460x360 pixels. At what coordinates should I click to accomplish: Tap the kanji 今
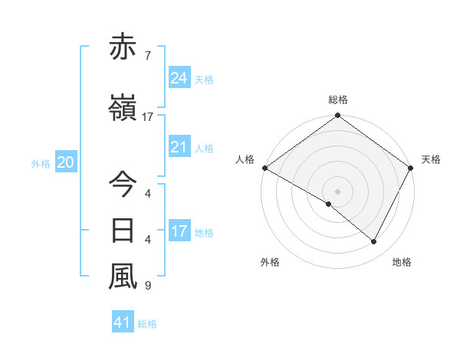click(123, 185)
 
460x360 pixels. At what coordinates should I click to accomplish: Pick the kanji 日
click(123, 231)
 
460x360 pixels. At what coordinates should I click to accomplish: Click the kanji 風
click(123, 277)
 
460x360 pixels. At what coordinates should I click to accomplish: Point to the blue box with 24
click(179, 78)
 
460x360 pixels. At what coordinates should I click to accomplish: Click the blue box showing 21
click(179, 147)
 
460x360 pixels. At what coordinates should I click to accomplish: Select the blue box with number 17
click(179, 231)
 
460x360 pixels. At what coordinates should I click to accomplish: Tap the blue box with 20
click(65, 162)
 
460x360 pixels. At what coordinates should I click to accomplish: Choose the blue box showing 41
click(123, 323)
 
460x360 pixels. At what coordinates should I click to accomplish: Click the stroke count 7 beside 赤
click(147, 56)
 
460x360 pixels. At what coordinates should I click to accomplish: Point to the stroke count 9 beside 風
click(147, 286)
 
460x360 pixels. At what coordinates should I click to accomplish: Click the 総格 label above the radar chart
click(337, 100)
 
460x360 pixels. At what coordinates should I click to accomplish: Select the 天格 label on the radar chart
click(431, 159)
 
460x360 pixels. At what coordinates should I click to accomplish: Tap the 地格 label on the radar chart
click(402, 262)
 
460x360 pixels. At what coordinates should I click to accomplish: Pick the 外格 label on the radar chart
click(270, 262)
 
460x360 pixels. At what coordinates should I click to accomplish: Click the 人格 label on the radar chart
click(245, 159)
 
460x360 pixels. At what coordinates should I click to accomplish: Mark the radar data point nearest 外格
click(329, 204)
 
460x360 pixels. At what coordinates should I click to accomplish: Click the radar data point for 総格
click(337, 116)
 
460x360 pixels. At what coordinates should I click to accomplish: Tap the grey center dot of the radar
click(337, 191)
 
